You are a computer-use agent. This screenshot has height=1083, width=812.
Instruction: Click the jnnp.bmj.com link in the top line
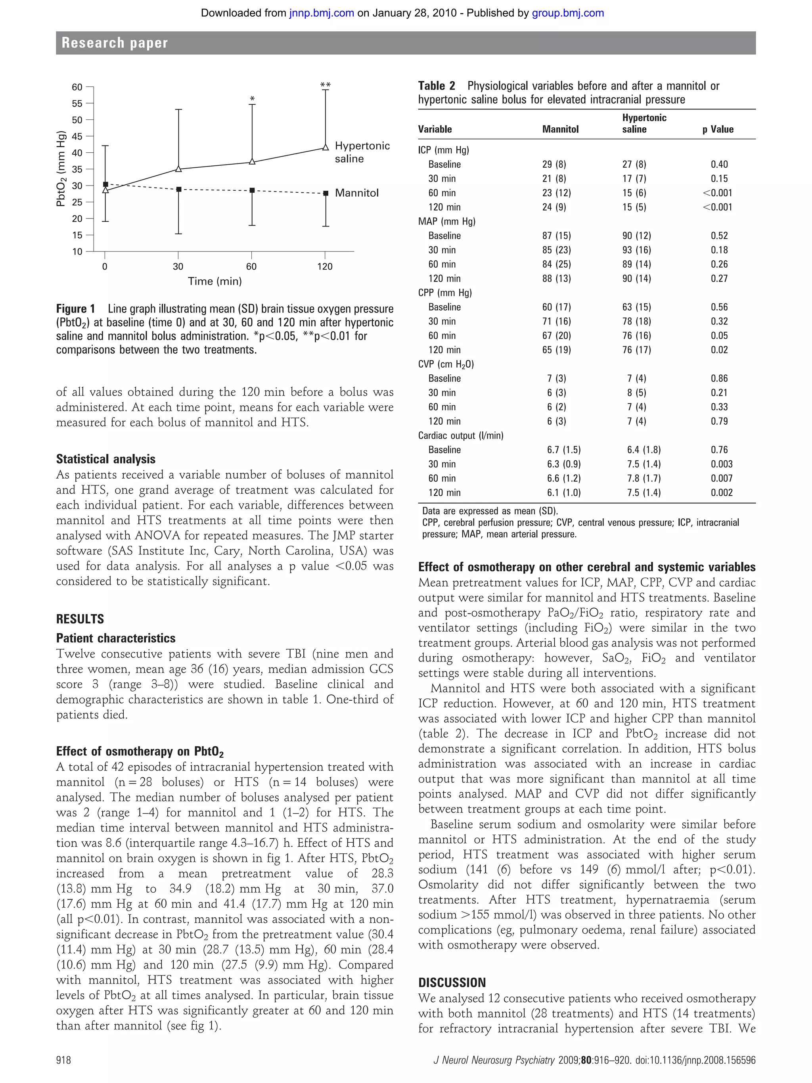click(321, 13)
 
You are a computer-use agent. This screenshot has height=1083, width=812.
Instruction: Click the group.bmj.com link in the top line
click(568, 13)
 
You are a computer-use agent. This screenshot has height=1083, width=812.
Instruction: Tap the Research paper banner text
click(115, 43)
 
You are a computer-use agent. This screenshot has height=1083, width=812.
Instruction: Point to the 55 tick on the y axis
click(77, 104)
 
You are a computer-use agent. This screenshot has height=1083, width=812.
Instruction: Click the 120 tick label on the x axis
click(324, 266)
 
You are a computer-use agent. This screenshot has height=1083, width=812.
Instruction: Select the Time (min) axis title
click(215, 281)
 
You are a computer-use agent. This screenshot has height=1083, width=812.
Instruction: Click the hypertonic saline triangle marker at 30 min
click(178, 169)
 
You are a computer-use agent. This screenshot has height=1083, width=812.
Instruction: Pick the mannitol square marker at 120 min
click(326, 194)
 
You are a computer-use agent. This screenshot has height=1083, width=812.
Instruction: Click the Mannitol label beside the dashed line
click(357, 193)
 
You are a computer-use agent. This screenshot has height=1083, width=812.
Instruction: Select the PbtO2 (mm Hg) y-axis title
click(61, 169)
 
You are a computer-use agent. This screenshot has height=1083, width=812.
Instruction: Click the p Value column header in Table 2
click(718, 129)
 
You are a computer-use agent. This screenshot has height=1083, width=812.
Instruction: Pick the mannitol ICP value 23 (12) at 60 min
click(557, 193)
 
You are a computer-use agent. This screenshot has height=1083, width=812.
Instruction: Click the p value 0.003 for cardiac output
click(722, 464)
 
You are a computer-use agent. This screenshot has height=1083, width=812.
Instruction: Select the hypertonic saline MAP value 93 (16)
click(636, 250)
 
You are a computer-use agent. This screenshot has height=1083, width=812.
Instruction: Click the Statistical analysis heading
click(106, 459)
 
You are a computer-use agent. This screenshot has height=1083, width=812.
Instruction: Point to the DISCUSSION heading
click(452, 983)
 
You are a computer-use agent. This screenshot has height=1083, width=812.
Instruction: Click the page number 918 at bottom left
click(63, 1060)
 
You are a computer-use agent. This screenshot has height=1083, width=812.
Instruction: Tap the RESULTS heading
click(80, 619)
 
